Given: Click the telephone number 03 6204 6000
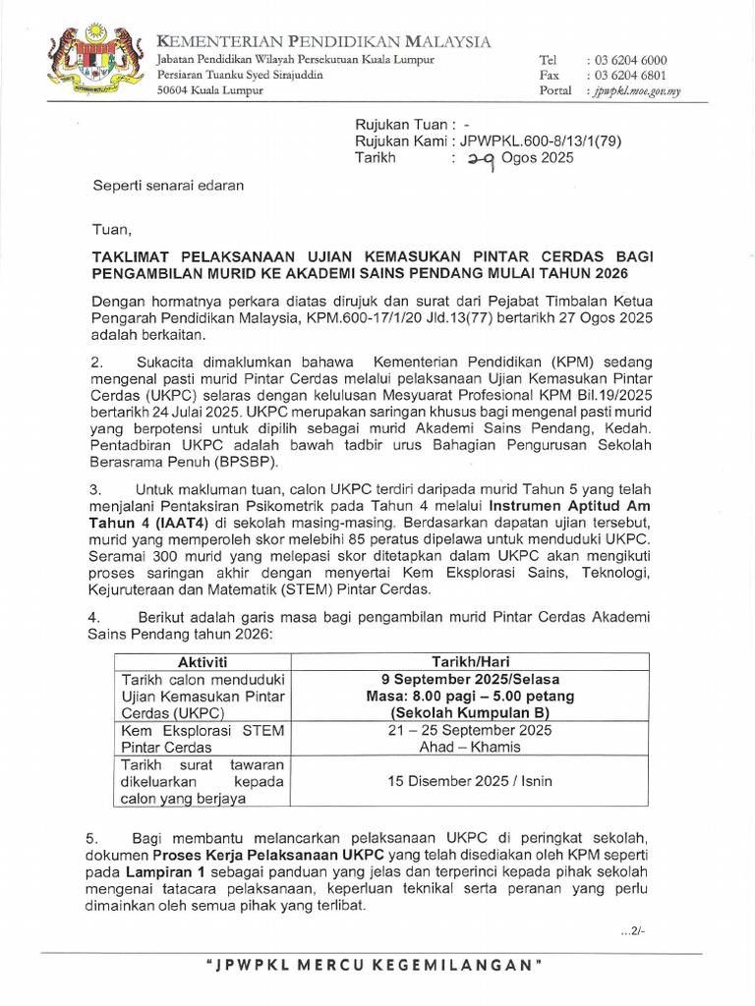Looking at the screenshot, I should pyautogui.click(x=639, y=60).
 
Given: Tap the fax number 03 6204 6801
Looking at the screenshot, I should pyautogui.click(x=639, y=76).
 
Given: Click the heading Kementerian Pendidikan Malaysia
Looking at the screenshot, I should pyautogui.click(x=324, y=41).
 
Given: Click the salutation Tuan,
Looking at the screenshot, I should pyautogui.click(x=110, y=230).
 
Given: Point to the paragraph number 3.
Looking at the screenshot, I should pyautogui.click(x=96, y=490).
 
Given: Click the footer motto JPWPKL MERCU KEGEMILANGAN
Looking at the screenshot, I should pyautogui.click(x=377, y=965).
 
